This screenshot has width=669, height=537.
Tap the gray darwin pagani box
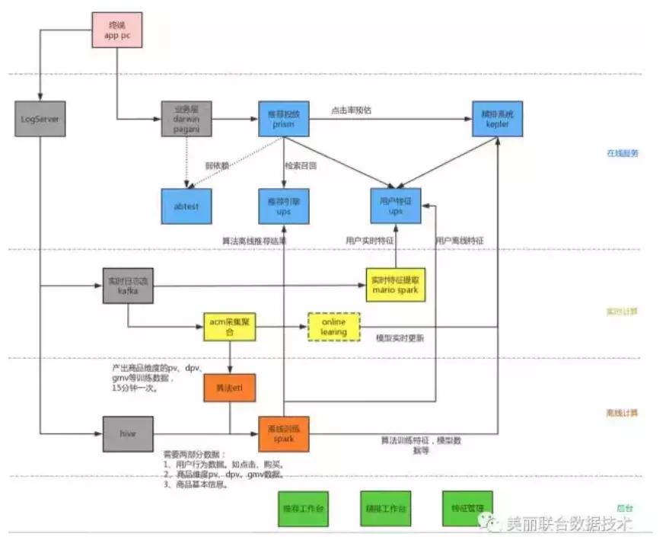tap(185, 120)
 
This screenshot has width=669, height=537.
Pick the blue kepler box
tap(496, 119)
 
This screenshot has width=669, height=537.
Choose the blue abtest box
tap(186, 206)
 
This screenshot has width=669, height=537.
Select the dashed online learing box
tap(333, 328)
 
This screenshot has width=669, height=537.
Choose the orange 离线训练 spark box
tap(284, 434)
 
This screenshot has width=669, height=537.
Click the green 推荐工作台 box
tap(301, 508)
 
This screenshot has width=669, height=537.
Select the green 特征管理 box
tap(467, 508)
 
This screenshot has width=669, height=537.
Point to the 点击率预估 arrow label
tap(351, 110)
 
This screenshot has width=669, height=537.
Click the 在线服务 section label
tap(622, 153)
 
